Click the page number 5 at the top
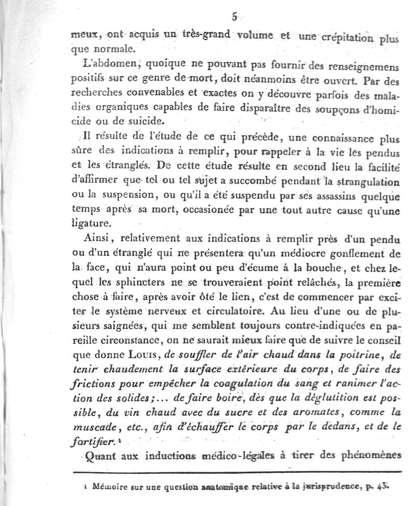tap(234, 17)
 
